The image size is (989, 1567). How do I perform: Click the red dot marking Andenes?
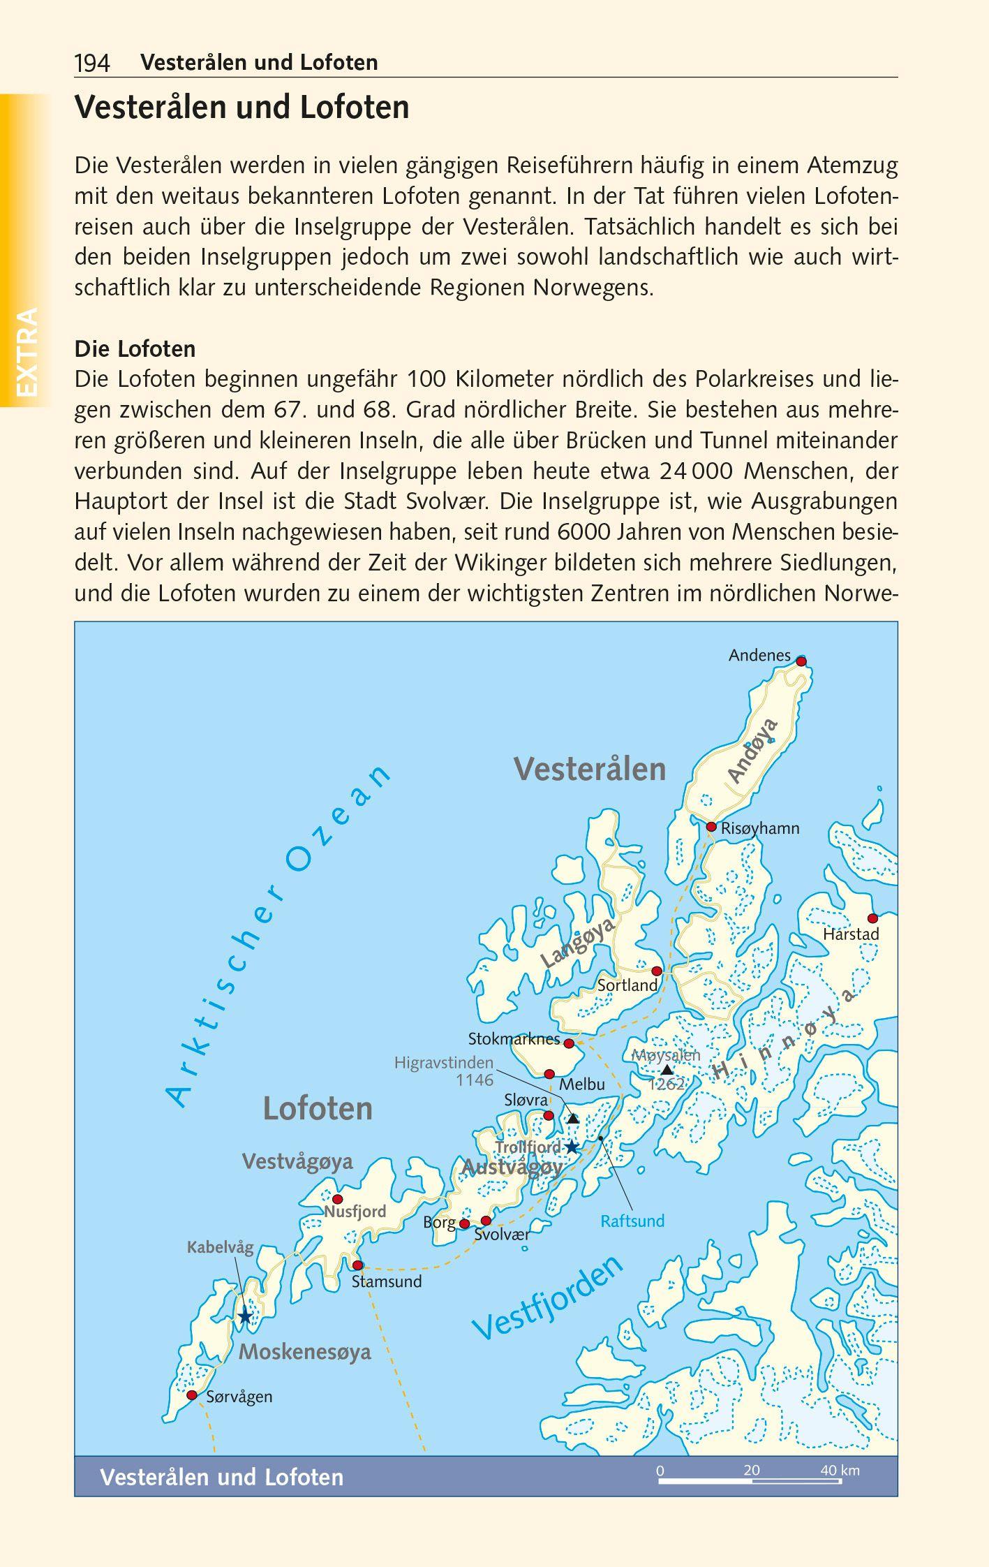click(801, 661)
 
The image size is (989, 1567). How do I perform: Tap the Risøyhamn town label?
click(760, 828)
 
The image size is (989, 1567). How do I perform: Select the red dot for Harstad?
click(872, 918)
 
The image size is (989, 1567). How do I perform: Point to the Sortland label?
click(627, 985)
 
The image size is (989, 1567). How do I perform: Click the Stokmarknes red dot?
click(569, 1043)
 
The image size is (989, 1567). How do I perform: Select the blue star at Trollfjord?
click(572, 1147)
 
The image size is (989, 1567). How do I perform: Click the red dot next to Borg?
click(464, 1223)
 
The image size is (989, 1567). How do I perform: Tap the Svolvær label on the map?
click(501, 1234)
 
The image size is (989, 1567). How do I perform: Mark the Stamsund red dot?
click(357, 1265)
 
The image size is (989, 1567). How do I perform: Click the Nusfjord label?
click(355, 1211)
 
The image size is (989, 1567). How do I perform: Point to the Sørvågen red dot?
click(192, 1395)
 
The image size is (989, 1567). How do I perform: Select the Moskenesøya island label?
click(305, 1353)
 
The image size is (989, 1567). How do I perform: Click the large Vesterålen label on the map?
click(590, 769)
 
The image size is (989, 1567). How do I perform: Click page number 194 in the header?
click(92, 64)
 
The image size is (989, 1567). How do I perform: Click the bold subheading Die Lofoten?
click(135, 348)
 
